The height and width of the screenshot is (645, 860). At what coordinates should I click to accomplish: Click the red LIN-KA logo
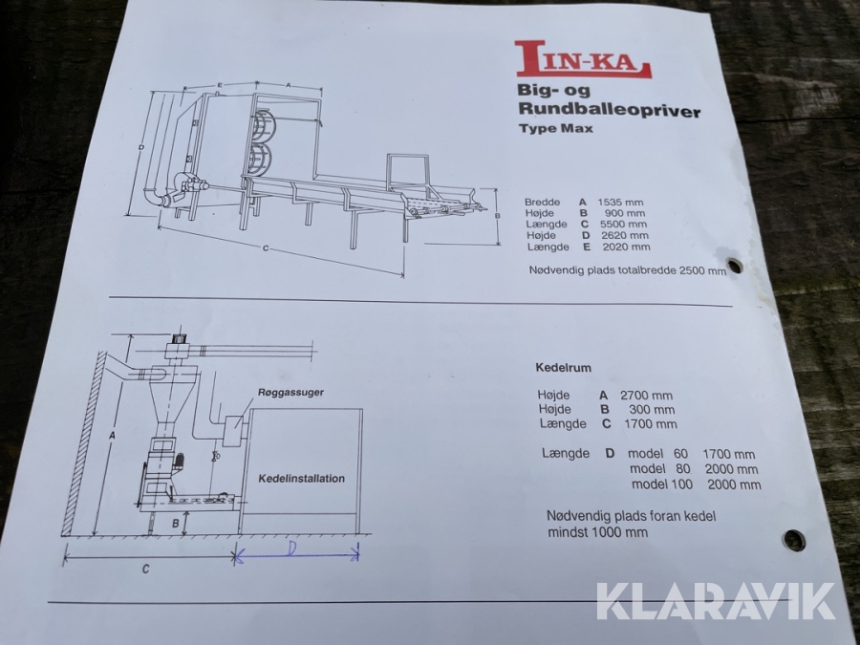click(x=583, y=59)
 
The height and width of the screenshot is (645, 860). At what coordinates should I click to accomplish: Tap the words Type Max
click(x=555, y=129)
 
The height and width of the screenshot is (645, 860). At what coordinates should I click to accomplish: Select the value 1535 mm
click(x=620, y=203)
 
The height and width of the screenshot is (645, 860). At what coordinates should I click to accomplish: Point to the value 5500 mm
click(x=623, y=225)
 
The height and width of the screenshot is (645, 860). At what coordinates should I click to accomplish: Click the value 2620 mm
click(x=625, y=236)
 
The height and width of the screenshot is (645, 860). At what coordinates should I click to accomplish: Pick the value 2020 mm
click(x=626, y=247)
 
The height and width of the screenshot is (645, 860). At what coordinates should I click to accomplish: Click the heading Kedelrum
click(x=563, y=368)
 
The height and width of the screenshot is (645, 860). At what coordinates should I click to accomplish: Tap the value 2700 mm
click(x=646, y=396)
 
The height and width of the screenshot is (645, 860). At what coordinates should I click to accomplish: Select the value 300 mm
click(x=652, y=410)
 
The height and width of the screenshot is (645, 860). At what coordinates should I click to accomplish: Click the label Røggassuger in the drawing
click(x=290, y=393)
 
